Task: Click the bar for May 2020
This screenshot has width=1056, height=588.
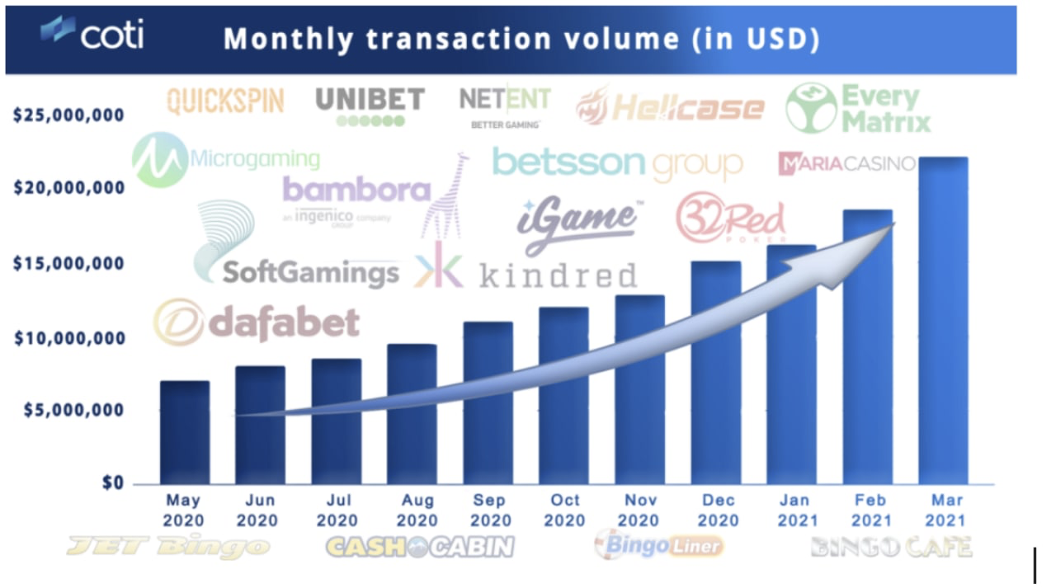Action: tap(185, 432)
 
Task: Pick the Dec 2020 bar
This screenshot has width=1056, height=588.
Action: tap(715, 372)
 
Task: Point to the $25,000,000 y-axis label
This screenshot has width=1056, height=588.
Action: tap(68, 114)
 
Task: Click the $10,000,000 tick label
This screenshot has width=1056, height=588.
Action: tap(68, 338)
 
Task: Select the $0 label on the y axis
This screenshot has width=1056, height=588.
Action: tap(113, 482)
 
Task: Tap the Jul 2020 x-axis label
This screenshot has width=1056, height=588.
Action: tap(336, 510)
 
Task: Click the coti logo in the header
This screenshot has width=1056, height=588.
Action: tap(92, 35)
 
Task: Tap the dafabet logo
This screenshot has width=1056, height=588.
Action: tap(257, 322)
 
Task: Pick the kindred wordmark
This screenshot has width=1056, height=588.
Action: tap(558, 275)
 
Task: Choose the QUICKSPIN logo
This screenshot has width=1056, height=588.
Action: tap(225, 101)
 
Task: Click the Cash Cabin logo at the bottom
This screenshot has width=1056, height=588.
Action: tap(420, 546)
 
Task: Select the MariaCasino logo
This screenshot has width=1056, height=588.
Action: tap(846, 163)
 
